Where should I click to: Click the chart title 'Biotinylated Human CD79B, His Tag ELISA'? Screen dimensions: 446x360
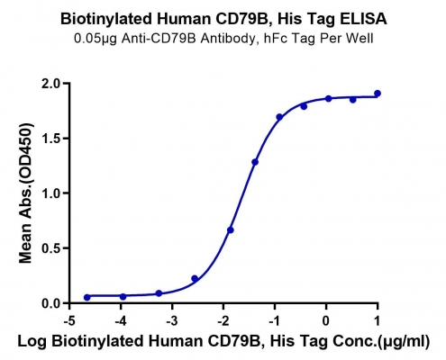[223, 19]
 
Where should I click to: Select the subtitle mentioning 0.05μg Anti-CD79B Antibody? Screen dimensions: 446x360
[223, 39]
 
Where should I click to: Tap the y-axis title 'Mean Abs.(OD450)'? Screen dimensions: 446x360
[26, 193]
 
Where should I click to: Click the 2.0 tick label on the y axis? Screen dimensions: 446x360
[51, 84]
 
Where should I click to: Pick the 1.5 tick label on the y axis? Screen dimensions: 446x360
[51, 139]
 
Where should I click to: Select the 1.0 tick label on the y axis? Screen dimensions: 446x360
[51, 193]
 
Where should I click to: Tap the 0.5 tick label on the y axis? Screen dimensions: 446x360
[51, 248]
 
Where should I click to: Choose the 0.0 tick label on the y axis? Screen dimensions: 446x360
[51, 303]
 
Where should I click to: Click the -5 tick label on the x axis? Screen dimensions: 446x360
[69, 321]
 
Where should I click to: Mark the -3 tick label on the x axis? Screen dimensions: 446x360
[172, 321]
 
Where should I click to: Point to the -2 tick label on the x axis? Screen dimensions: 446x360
[223, 321]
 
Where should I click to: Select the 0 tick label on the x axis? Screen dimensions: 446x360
[326, 321]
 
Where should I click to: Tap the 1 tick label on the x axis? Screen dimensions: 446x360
[378, 321]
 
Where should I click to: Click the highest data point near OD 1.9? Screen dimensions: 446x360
[378, 94]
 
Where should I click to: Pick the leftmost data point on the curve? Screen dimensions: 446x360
[87, 297]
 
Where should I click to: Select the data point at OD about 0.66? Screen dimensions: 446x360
[231, 230]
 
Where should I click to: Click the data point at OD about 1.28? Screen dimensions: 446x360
[255, 162]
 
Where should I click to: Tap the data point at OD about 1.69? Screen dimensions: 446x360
[279, 117]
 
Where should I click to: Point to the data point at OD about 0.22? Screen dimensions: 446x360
[195, 278]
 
